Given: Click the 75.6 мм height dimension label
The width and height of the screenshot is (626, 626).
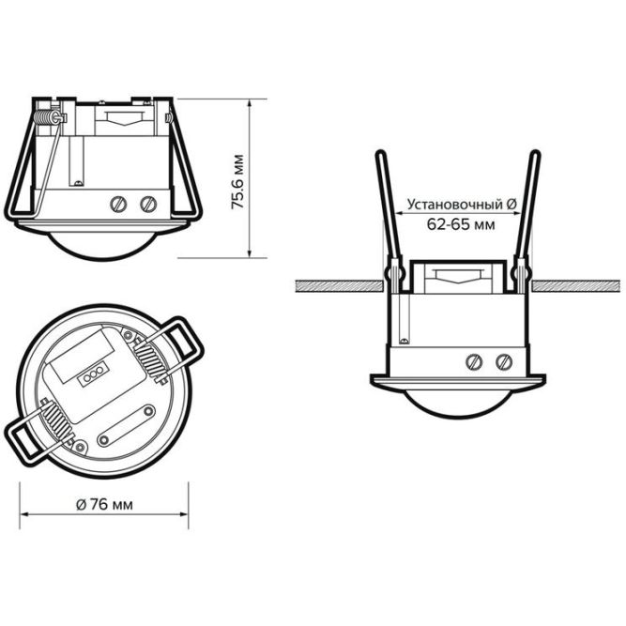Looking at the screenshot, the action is pyautogui.click(x=238, y=182).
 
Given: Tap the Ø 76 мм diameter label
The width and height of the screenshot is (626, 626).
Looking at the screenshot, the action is pyautogui.click(x=104, y=505).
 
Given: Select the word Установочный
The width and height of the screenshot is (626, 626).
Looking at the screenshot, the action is pyautogui.click(x=455, y=205).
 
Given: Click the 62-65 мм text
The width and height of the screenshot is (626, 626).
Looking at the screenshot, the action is pyautogui.click(x=461, y=224).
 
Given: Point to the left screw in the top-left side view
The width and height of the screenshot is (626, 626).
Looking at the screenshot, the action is pyautogui.click(x=118, y=204).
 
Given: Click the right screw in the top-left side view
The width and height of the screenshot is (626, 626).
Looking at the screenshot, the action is pyautogui.click(x=148, y=204).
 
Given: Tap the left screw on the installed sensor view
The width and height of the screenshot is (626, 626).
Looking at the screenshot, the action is pyautogui.click(x=474, y=362).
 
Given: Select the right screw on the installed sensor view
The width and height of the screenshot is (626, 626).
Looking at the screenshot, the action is pyautogui.click(x=504, y=362).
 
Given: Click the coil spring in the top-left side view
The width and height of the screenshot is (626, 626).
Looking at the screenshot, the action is pyautogui.click(x=46, y=117).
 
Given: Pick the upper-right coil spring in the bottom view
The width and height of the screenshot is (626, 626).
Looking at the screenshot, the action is pyautogui.click(x=150, y=359).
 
